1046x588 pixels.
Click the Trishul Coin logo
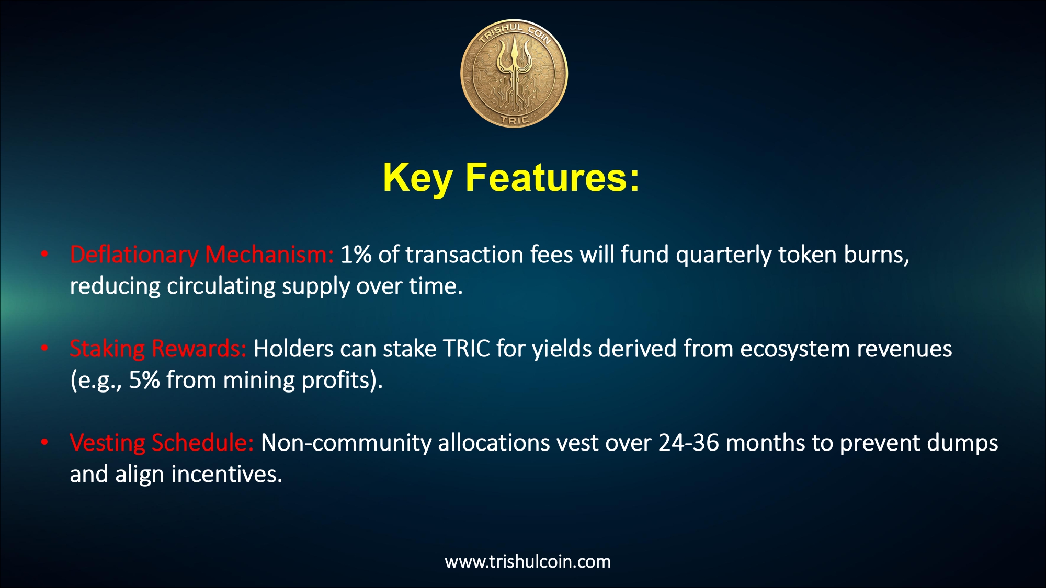coord(514,74)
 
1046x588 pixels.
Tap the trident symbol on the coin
coord(514,73)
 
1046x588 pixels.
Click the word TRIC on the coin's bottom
coord(515,120)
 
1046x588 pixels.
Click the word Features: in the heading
coord(552,178)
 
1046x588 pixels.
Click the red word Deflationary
coord(134,255)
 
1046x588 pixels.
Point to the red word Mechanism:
coord(269,255)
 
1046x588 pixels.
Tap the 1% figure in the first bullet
coord(356,255)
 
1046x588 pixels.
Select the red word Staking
coord(107,349)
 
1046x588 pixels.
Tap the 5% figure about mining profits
coord(144,380)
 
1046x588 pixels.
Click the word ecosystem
coord(795,350)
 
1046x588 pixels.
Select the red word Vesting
coord(107,443)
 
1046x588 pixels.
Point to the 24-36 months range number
coord(688,443)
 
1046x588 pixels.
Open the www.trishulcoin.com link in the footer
coord(528,561)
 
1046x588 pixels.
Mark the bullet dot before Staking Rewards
coord(45,348)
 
